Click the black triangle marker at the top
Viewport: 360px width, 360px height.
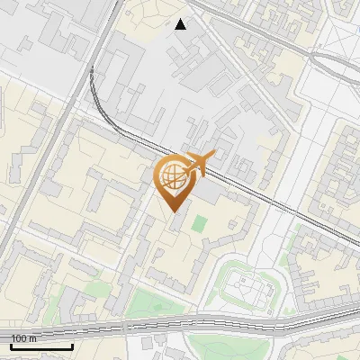point(181,24)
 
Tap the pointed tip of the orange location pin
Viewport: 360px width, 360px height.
point(175,210)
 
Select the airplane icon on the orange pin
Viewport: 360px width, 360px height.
point(199,163)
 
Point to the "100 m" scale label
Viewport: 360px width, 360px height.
point(23,337)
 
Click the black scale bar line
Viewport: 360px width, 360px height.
point(41,346)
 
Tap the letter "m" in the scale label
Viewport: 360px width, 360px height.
point(32,337)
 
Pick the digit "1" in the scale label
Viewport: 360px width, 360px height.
point(13,337)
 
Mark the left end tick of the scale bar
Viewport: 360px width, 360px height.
point(11,345)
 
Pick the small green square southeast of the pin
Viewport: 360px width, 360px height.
point(200,220)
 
